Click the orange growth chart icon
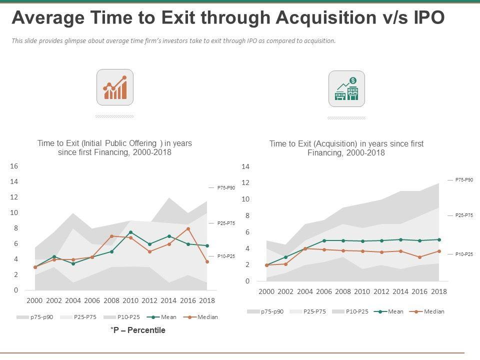(115, 87)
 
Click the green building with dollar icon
(346, 88)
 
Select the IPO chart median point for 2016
(188, 229)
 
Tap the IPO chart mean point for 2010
(130, 232)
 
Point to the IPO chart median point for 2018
(207, 261)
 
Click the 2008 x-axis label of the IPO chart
(111, 300)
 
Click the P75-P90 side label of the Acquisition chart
(463, 179)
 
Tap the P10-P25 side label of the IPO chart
(226, 256)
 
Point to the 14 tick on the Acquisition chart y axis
(245, 166)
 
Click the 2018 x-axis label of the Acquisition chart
(439, 291)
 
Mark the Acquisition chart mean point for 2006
(324, 240)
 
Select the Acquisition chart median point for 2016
(420, 257)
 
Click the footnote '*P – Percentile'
(137, 330)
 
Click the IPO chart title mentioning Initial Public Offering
(114, 147)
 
